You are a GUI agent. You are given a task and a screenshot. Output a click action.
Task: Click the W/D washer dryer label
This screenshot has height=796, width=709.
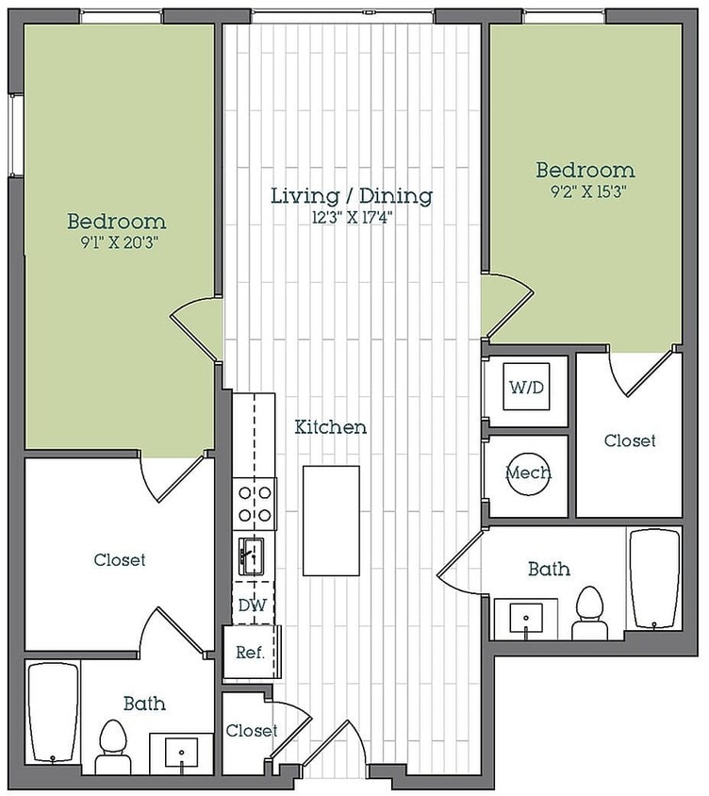526,388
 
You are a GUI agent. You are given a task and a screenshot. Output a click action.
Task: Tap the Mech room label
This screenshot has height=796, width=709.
528,473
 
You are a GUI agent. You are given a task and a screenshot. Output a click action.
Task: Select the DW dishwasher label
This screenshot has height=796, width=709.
253,605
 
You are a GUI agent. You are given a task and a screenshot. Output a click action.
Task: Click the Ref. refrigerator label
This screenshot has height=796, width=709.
250,652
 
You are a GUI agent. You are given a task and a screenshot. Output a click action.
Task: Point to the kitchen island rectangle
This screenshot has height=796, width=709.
332,521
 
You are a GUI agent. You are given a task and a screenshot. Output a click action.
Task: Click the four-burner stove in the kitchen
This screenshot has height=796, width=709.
255,505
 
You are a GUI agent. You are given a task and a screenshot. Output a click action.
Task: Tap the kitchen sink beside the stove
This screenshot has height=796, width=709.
252,556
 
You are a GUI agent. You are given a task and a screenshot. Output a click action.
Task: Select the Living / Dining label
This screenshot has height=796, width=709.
352,196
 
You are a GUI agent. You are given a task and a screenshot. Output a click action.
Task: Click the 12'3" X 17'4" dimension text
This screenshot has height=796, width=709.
353,218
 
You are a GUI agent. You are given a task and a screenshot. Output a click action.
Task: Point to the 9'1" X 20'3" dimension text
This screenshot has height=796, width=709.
120,242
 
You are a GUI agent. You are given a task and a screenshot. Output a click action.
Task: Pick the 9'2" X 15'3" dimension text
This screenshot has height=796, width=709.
588,191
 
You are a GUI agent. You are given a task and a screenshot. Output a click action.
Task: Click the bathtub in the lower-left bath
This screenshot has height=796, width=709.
53,712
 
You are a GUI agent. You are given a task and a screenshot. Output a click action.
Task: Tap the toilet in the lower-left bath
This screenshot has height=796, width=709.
112,747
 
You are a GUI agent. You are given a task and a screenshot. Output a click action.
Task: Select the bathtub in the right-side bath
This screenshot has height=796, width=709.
654,579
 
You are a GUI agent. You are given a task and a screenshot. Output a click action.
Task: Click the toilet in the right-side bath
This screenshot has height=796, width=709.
590,613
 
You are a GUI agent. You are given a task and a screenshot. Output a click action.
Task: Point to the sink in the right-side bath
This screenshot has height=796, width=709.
526,619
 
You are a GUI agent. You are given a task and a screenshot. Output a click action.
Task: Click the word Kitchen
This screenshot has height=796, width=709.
331,427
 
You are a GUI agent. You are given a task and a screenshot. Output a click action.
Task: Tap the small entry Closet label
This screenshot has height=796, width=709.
251,731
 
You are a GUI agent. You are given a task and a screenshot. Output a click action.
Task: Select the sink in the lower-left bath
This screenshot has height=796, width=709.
181,753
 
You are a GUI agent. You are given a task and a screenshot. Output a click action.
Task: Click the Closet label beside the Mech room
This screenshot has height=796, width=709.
630,440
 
